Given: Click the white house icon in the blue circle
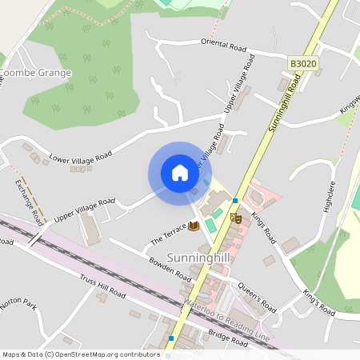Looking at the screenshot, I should point(179,173).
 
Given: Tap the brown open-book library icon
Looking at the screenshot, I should point(193,226).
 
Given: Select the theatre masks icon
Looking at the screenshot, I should point(235,217).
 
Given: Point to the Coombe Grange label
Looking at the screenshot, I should point(36,73).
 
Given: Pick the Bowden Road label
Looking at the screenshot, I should point(170,267).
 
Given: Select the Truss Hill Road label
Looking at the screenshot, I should point(102,286).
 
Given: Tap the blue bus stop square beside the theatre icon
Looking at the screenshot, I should point(235,200).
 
